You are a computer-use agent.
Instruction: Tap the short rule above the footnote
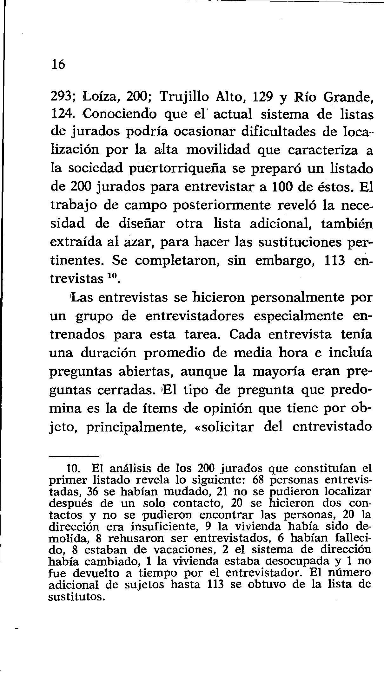tap(74, 457)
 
